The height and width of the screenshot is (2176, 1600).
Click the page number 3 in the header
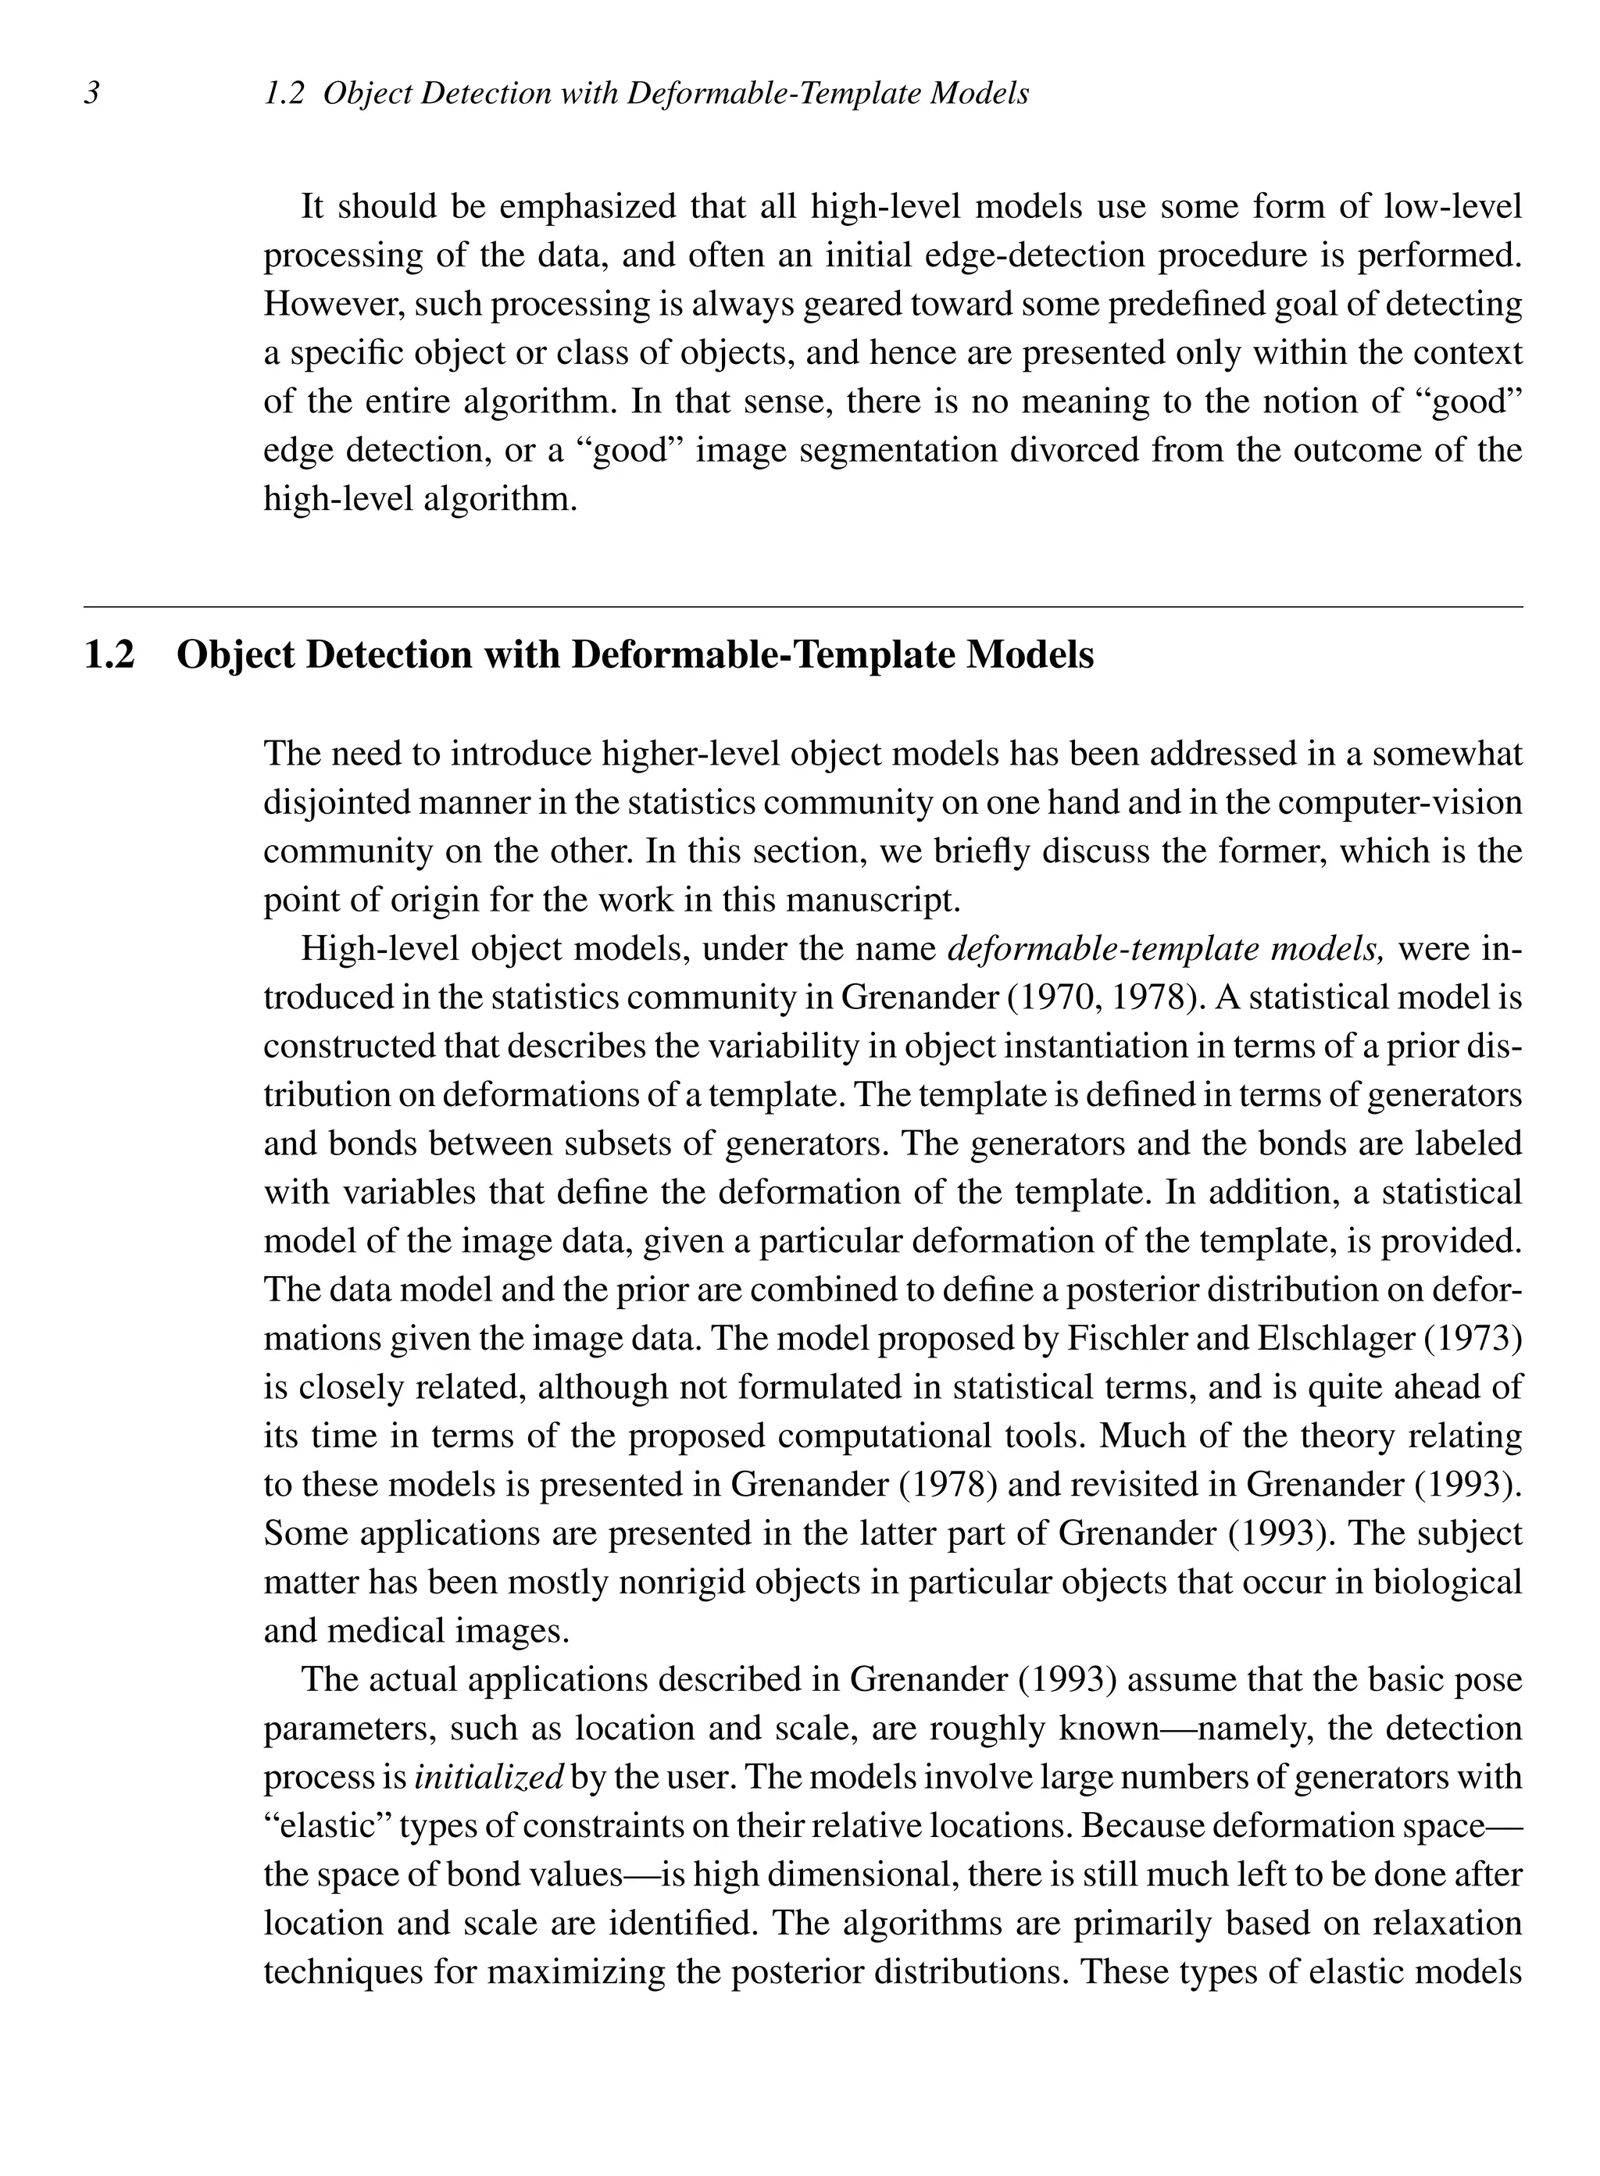[93, 93]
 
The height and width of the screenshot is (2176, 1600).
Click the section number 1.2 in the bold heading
[109, 655]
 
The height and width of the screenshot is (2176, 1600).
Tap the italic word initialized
[489, 1777]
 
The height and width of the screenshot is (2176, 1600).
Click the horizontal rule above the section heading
[803, 607]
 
